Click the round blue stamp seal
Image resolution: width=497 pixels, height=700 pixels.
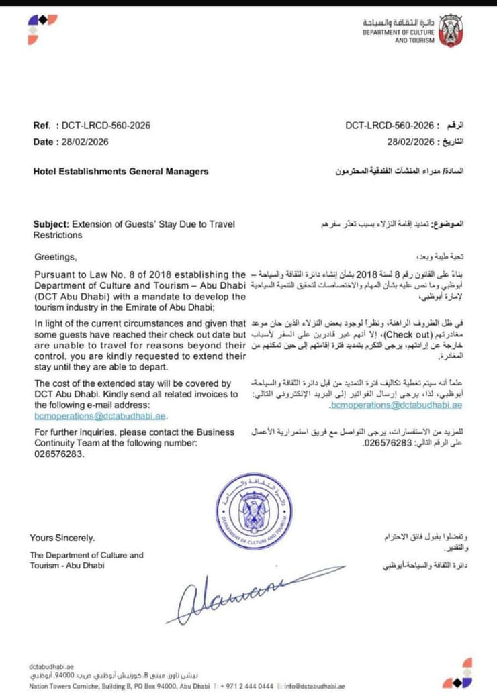(x=254, y=511)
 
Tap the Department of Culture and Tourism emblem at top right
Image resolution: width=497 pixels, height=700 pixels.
(x=449, y=31)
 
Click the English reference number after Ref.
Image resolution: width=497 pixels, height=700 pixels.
(x=105, y=126)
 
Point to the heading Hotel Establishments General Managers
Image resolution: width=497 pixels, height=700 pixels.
(x=121, y=171)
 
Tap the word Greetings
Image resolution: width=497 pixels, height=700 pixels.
(x=56, y=257)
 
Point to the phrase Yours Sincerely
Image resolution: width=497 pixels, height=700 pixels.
(x=62, y=538)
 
